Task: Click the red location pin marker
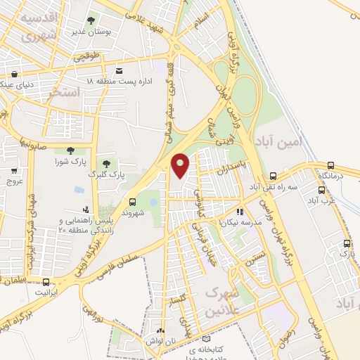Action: (181, 166)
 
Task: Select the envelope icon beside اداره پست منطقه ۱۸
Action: (120, 71)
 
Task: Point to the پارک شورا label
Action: (69, 162)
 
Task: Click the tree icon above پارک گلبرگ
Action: (107, 162)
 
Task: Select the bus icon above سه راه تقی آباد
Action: (273, 176)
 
